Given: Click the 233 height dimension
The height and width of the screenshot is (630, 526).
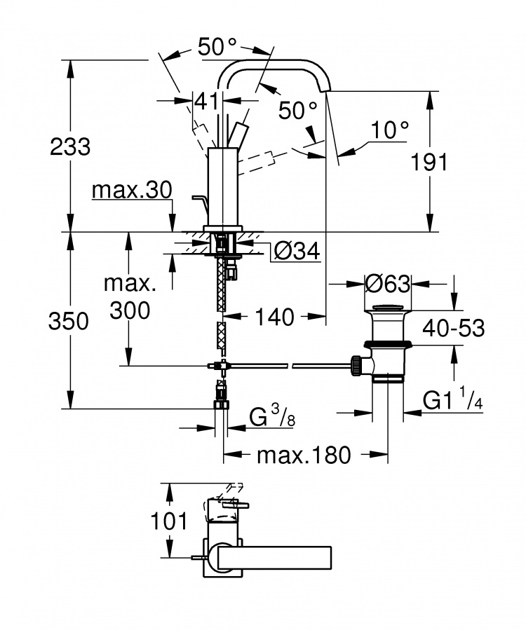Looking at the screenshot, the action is [x=70, y=146].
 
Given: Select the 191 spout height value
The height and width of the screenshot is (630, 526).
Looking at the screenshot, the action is [x=429, y=163].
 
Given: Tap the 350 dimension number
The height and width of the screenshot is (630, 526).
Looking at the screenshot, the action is [x=68, y=322].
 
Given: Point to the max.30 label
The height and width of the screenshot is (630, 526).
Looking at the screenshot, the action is [x=132, y=190].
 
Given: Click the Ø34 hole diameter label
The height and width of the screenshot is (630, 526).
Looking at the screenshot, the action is [x=297, y=251].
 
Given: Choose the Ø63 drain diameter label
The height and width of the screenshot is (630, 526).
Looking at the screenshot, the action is [x=388, y=284].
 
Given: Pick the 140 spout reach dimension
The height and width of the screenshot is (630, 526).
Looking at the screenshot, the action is [x=275, y=317].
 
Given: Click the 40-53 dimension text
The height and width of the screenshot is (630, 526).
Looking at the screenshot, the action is [x=453, y=328].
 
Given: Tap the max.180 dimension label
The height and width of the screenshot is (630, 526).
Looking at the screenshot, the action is [x=304, y=456].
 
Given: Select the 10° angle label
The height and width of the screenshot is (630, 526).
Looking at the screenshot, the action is [x=389, y=130].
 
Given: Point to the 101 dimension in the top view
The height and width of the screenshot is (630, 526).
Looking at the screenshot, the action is [x=169, y=521].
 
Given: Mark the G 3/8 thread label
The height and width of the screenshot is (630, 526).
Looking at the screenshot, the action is [x=272, y=416].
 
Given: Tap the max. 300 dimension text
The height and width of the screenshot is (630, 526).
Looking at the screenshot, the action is [x=130, y=297].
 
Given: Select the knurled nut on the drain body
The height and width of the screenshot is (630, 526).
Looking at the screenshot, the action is [x=356, y=365].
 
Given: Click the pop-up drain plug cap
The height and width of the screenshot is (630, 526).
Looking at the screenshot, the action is [x=388, y=308].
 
